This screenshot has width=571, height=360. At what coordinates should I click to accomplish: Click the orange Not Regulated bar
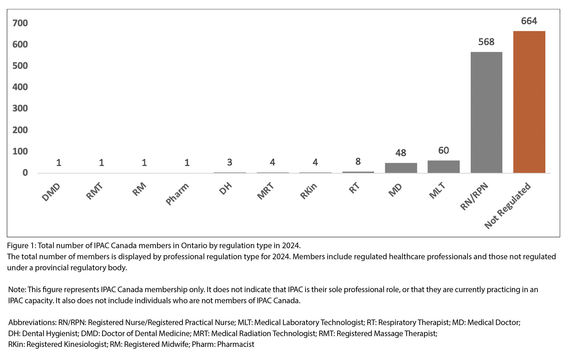(x=529, y=102)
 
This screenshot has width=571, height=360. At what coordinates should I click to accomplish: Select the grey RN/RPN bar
(x=486, y=112)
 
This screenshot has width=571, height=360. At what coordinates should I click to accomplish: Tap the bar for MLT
(x=443, y=167)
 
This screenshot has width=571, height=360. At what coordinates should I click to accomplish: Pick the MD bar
(x=401, y=168)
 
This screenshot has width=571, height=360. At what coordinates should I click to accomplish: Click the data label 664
(x=529, y=21)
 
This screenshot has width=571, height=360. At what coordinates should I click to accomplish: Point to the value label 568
(x=486, y=42)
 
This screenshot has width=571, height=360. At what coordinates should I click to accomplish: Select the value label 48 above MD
(x=401, y=153)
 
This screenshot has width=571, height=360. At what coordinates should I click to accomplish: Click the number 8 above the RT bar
(x=358, y=161)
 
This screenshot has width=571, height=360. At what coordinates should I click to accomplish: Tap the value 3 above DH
(x=230, y=162)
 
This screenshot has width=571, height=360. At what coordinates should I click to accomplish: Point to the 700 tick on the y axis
(x=20, y=23)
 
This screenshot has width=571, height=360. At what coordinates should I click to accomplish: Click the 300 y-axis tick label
(x=20, y=108)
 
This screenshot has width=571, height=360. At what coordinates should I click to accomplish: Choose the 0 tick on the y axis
(x=25, y=173)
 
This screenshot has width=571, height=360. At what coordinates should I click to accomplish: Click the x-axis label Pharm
(x=177, y=194)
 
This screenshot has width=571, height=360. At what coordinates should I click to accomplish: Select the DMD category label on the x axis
(x=51, y=192)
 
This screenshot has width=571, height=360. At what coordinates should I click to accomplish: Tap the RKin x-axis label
(x=309, y=191)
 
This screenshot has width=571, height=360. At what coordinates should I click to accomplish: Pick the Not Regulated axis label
(x=508, y=206)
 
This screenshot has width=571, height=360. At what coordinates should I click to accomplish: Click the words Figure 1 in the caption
(x=21, y=246)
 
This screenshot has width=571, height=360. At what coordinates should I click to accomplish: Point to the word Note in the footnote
(x=17, y=290)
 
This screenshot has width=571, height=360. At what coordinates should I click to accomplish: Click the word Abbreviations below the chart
(x=32, y=322)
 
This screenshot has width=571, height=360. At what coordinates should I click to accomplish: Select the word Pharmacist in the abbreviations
(x=236, y=344)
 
